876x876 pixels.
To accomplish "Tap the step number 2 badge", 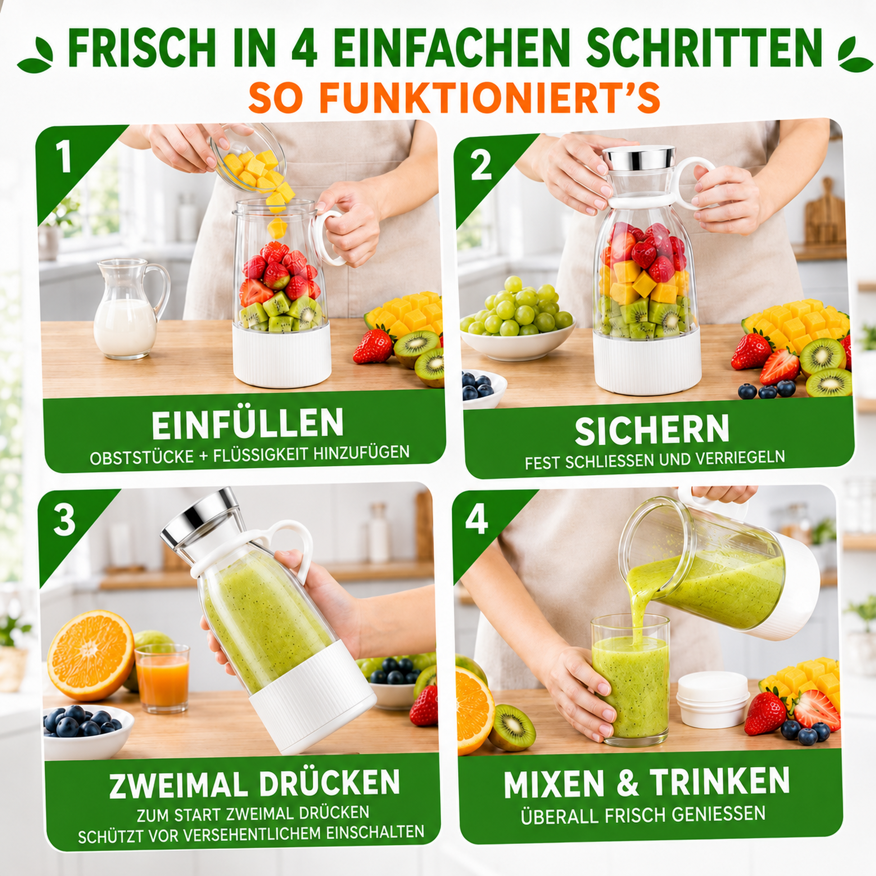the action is (481, 165).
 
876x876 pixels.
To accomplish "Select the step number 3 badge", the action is (64, 520).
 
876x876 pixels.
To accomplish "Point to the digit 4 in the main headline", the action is (305, 47).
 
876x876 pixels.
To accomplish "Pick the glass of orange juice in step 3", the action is (163, 678).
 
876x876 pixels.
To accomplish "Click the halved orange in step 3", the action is (90, 655).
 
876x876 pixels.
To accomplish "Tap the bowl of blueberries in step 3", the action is (88, 732).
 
